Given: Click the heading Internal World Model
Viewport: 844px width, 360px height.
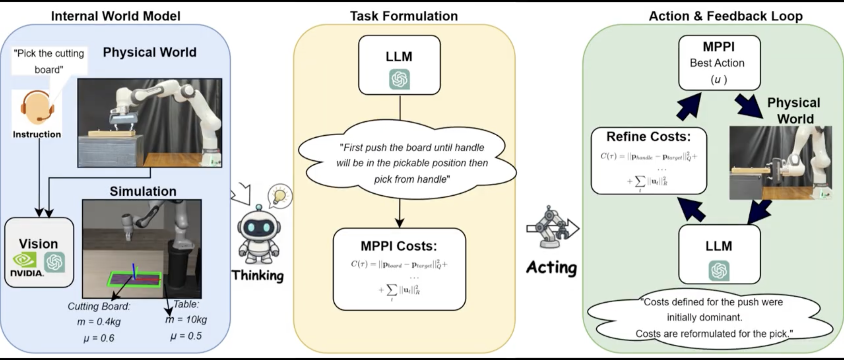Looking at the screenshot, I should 116,16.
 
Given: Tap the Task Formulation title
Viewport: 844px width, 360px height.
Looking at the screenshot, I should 404,16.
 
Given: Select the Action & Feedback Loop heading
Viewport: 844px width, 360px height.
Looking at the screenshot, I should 726,16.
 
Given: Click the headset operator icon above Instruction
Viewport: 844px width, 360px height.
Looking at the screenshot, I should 37,106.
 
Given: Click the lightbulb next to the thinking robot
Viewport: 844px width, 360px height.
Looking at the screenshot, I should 279,196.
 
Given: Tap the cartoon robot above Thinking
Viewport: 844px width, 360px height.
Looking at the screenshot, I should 259,236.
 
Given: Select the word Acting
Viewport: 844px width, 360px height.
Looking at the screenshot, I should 552,268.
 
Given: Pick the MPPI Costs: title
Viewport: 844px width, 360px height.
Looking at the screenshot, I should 399,246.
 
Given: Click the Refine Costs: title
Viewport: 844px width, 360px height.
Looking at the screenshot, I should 648,136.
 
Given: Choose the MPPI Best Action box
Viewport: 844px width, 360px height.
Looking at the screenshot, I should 719,63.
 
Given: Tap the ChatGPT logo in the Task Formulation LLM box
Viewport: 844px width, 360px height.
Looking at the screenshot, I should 399,79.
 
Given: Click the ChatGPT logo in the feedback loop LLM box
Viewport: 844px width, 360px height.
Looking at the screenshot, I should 719,271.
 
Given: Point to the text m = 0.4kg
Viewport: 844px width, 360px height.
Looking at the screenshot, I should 99,322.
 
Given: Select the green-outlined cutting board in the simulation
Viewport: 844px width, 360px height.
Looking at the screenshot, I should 134,279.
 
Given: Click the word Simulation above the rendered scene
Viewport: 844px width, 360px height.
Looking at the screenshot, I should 143,191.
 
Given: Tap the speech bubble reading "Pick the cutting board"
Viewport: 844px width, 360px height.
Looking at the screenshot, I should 49,61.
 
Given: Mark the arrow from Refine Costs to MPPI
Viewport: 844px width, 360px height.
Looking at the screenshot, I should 689,106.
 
